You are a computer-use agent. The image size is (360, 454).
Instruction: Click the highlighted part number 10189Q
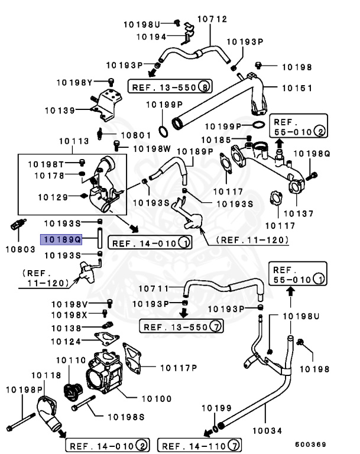coord(61,239)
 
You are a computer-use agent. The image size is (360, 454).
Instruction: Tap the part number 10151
coord(296,87)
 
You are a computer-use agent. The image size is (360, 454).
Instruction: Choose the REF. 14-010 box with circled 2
coord(107,445)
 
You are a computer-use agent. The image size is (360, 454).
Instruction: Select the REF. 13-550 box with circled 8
coord(171,86)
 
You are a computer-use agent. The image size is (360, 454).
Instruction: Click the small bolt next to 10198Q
coord(314,174)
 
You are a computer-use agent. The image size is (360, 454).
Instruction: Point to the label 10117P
coord(177,367)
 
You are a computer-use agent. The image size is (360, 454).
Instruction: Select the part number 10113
coord(74,141)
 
